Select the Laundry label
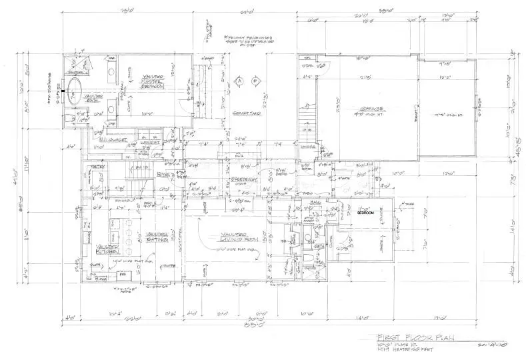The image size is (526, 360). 149,142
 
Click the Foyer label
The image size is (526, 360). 165,175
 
